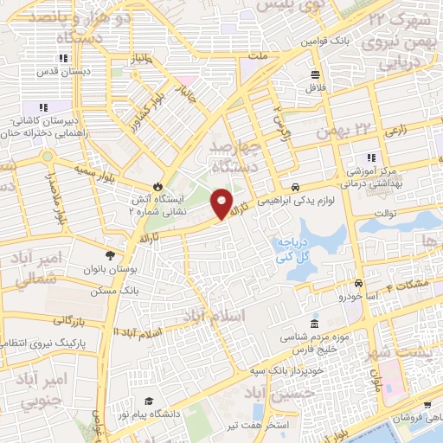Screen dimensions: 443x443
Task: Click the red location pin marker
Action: pos(222,203)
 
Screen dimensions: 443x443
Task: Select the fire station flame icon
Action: pos(157,186)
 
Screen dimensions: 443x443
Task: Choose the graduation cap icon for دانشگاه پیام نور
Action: pos(150,401)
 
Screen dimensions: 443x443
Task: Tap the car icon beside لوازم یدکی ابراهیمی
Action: pos(296,187)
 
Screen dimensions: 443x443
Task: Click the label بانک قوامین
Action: pos(324,41)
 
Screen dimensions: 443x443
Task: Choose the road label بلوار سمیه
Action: pos(94,165)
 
